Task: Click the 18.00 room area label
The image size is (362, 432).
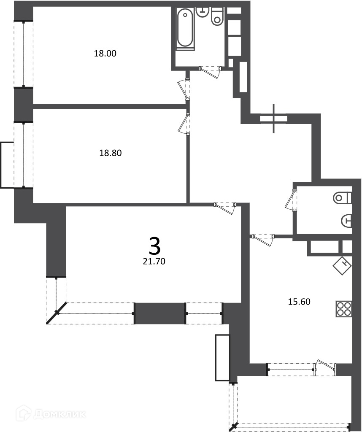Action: point(105,53)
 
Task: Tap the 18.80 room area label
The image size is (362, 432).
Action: point(110,153)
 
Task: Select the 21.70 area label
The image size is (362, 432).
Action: point(154,261)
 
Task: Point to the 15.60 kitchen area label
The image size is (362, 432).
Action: point(299,302)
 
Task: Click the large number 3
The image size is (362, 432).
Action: point(154,246)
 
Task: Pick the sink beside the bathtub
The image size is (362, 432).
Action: point(203,12)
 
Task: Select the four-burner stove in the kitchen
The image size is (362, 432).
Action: point(343,309)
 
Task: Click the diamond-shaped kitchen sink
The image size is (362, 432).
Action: point(343,266)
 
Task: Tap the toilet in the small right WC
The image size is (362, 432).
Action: point(343,198)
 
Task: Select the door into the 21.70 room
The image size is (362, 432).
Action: point(225,208)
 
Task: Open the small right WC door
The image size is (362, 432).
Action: point(291,200)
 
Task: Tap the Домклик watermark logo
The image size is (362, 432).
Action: point(51,413)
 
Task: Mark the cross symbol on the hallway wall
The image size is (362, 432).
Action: point(273,119)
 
